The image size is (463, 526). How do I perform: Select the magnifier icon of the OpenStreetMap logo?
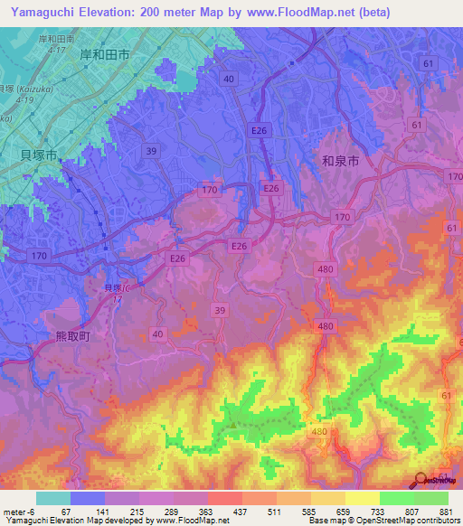tap(420, 480)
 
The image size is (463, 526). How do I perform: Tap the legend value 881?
tap(447, 512)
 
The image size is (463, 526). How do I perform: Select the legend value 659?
tap(345, 512)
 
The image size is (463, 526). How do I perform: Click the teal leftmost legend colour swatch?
tap(52, 498)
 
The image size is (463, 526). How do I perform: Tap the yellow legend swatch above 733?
tap(362, 498)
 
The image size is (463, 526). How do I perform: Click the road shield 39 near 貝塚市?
tap(149, 152)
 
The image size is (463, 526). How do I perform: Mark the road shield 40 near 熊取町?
tap(158, 334)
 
